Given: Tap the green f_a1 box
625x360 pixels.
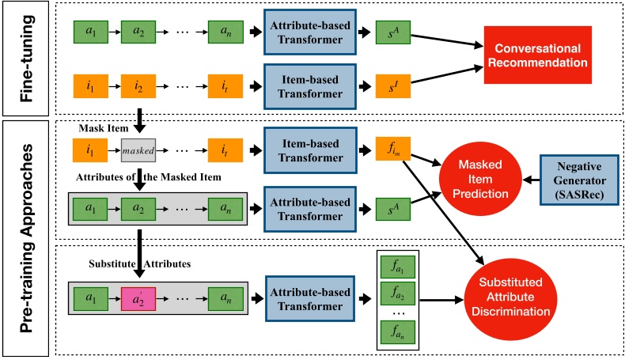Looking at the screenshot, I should (x=394, y=270).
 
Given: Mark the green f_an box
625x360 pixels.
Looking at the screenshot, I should (x=394, y=333).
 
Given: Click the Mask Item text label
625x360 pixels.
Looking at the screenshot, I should (x=100, y=127).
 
